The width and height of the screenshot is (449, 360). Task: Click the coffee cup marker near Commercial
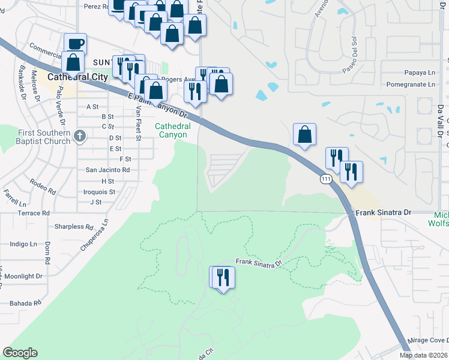coord(76,44)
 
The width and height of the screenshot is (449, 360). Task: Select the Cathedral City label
coord(77,77)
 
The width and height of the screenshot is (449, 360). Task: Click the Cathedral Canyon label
coord(173,130)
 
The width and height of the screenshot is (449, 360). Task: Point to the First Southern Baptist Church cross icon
coord(79,137)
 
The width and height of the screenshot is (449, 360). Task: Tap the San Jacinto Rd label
coord(109,170)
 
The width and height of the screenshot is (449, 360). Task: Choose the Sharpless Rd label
coord(74,227)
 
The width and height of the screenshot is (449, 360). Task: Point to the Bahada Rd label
coord(24,303)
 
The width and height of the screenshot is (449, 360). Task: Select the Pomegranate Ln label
coord(411,85)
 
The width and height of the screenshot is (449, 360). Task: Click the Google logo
coord(20,353)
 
